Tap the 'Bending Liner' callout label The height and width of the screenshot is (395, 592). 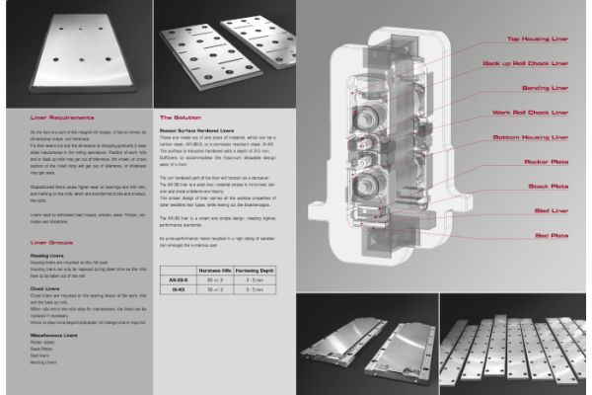coord(545,87)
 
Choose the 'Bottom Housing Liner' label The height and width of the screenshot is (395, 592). coord(534,136)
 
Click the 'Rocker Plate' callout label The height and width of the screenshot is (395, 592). coord(546,161)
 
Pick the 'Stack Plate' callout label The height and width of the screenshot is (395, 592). coord(548,186)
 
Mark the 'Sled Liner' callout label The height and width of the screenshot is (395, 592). coord(549,210)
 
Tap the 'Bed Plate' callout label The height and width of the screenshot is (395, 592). coord(550,236)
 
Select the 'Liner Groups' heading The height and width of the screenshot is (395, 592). coord(50,241)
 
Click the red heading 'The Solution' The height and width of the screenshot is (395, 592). coord(181,117)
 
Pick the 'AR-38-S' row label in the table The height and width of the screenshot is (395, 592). coord(177,280)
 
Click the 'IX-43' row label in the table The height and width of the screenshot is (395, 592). coord(177,291)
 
